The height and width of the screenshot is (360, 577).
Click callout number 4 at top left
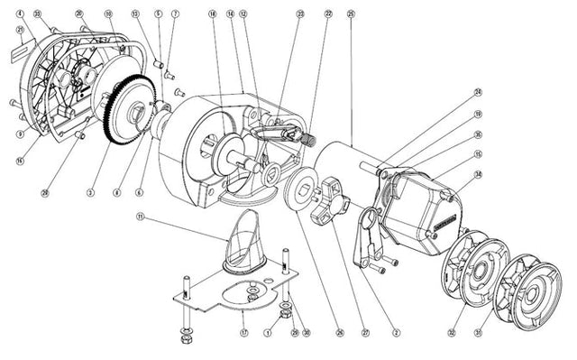coord(20,14)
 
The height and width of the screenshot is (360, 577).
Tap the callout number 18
coord(213,14)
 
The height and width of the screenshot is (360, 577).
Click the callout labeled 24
coord(478,92)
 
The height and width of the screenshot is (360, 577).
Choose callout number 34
coord(478,174)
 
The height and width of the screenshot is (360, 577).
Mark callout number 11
coord(141,217)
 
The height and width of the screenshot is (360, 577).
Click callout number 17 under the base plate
coord(243,332)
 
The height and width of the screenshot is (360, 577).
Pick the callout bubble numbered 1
coord(267,332)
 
